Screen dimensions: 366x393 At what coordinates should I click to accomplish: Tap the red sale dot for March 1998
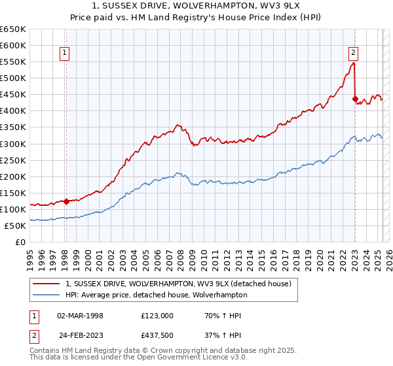[66, 201]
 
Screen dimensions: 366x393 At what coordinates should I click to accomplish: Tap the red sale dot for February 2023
[354, 99]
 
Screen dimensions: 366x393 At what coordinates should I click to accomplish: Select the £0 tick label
[20, 242]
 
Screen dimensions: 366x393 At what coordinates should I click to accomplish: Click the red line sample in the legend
[47, 284]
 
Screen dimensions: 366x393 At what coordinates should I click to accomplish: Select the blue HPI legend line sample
[47, 295]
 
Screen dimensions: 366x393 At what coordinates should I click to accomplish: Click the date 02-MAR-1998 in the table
[81, 316]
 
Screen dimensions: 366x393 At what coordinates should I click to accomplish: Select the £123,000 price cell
[157, 316]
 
